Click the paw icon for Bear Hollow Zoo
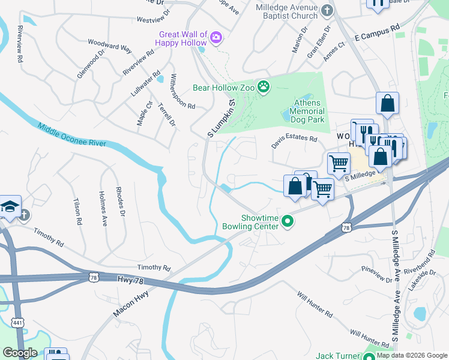coord(264,88)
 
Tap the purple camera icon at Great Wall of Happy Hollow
coord(216,39)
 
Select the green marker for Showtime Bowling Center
coord(288,222)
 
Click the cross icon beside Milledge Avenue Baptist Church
coord(327,10)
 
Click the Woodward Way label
coord(109,46)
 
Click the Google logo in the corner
coord(20,353)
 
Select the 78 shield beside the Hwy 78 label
coord(93,277)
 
